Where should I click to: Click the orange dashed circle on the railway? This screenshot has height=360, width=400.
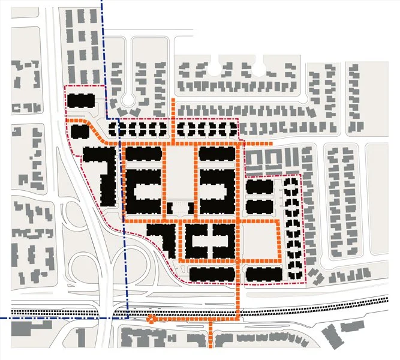pyautogui.click(x=151, y=320)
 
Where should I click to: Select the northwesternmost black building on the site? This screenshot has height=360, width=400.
pyautogui.click(x=80, y=101)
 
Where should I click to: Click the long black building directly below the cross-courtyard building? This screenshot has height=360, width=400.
pyautogui.click(x=210, y=274)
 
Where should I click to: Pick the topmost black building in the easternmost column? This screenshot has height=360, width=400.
pyautogui.click(x=291, y=182)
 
